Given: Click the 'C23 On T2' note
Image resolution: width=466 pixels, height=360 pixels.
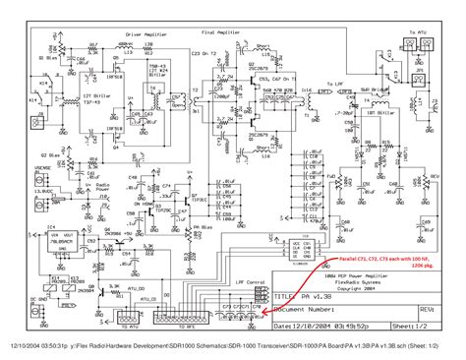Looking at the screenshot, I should click(x=201, y=50).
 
